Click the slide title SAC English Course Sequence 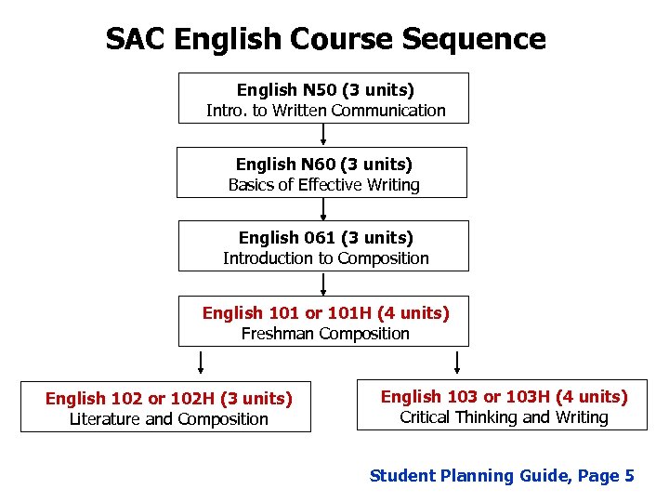click(325, 39)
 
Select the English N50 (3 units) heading click(325, 90)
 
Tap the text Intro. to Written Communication click(325, 111)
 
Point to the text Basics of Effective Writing click(323, 185)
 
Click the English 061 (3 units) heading click(325, 238)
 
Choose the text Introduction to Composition click(325, 258)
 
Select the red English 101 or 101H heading click(325, 313)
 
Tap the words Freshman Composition click(325, 334)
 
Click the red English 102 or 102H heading click(168, 399)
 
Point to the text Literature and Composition click(168, 419)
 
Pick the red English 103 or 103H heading click(504, 397)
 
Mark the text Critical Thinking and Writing click(504, 417)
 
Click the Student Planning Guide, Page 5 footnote click(502, 476)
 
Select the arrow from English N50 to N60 click(323, 136)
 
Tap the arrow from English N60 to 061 click(323, 209)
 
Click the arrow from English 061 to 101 click(323, 284)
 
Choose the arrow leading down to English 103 click(457, 361)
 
